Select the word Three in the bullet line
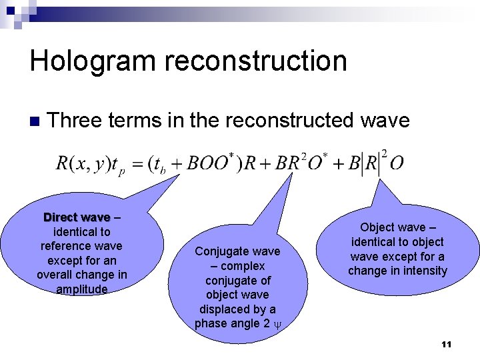(74, 121)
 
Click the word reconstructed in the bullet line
(291, 121)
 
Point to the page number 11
(446, 344)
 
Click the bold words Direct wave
(76, 218)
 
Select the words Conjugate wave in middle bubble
(237, 251)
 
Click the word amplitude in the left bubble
(81, 289)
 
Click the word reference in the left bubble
(64, 246)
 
